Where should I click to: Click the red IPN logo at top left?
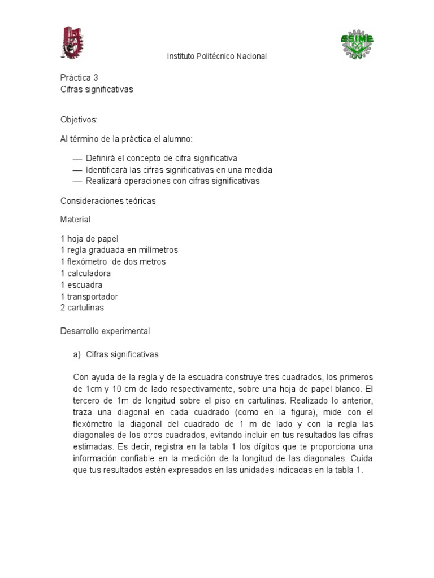click(x=72, y=42)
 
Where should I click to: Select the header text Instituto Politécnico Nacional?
click(x=216, y=56)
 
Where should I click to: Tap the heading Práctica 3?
click(x=79, y=78)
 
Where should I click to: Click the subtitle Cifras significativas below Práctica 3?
click(x=97, y=89)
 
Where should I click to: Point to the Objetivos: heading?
click(x=79, y=120)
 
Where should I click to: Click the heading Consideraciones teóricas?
click(x=108, y=200)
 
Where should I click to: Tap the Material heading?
click(x=75, y=219)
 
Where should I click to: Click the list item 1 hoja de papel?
click(x=89, y=239)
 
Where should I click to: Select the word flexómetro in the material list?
click(x=88, y=262)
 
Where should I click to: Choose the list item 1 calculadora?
click(x=85, y=273)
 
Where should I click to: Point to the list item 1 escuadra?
click(x=81, y=285)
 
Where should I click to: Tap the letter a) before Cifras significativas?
click(x=78, y=354)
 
